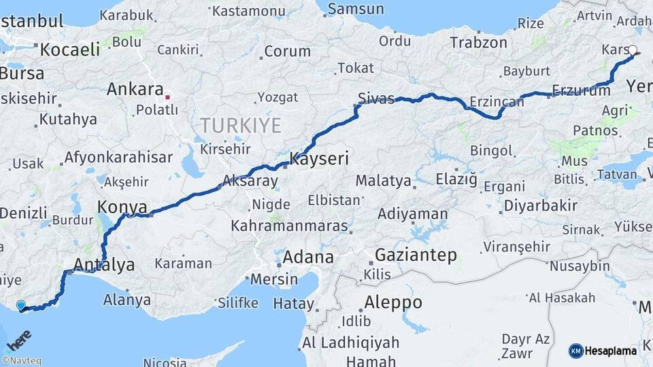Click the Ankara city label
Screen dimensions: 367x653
point(135,90)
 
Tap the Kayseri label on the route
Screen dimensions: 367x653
point(319,160)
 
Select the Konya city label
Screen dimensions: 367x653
point(122,207)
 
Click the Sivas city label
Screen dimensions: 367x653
point(376,99)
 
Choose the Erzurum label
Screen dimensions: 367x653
point(581,90)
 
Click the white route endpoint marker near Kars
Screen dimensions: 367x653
point(633,50)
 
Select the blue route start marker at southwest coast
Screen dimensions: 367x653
point(21,306)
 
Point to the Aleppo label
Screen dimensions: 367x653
point(393,302)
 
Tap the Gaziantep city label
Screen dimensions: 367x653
point(416,256)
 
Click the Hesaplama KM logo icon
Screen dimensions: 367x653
point(575,351)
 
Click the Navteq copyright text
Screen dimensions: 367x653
point(21,361)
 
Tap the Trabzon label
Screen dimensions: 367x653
point(478,42)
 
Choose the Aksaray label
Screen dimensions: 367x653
point(250,181)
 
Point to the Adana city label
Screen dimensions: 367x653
point(308,257)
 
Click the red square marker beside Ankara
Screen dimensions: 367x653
point(167,97)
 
